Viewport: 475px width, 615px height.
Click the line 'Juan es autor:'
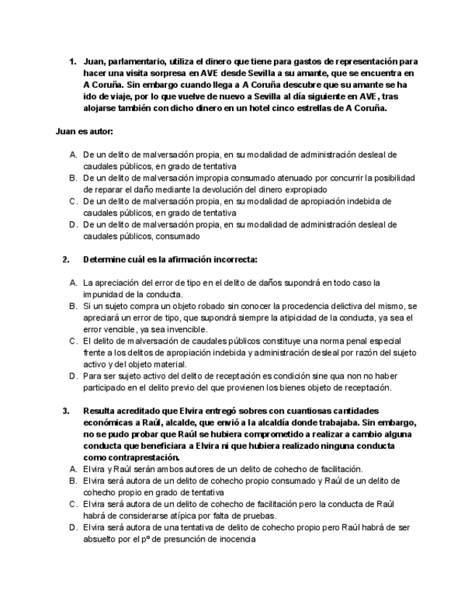(x=84, y=132)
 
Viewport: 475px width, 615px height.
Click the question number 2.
(x=66, y=259)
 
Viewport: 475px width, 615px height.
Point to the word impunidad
(x=103, y=294)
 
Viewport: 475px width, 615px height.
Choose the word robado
(x=202, y=306)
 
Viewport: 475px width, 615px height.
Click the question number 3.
(x=66, y=411)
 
